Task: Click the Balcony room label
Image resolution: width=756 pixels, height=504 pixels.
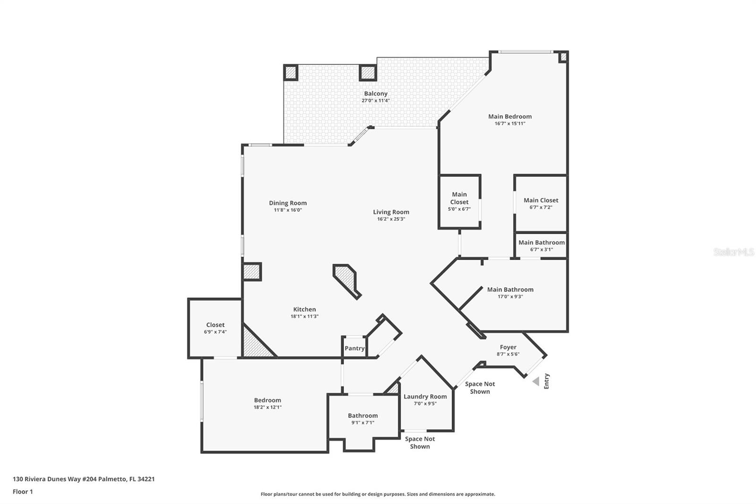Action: coord(376,94)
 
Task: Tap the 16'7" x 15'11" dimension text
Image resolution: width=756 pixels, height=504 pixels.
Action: coord(510,123)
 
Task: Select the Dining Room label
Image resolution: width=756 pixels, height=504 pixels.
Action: coord(288,203)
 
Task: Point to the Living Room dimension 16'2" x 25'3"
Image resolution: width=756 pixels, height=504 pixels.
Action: coord(391,219)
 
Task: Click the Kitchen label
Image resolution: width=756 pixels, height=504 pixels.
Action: coord(304,309)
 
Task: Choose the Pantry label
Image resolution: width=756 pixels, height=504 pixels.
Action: coord(354,348)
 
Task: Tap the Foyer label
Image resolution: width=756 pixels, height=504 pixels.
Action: coord(508,347)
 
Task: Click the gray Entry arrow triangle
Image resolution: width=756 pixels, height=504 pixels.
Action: coord(536,382)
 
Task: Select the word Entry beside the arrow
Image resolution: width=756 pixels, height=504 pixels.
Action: coord(547,382)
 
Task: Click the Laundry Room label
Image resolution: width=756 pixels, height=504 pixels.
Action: coord(425,397)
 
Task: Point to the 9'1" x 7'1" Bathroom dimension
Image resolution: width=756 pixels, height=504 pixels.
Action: coord(363,423)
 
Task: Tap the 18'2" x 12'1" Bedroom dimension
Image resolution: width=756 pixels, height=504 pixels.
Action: coord(267,408)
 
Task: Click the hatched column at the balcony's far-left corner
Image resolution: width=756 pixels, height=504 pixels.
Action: coord(291,72)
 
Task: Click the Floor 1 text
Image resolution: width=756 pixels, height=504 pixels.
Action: coord(23,492)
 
